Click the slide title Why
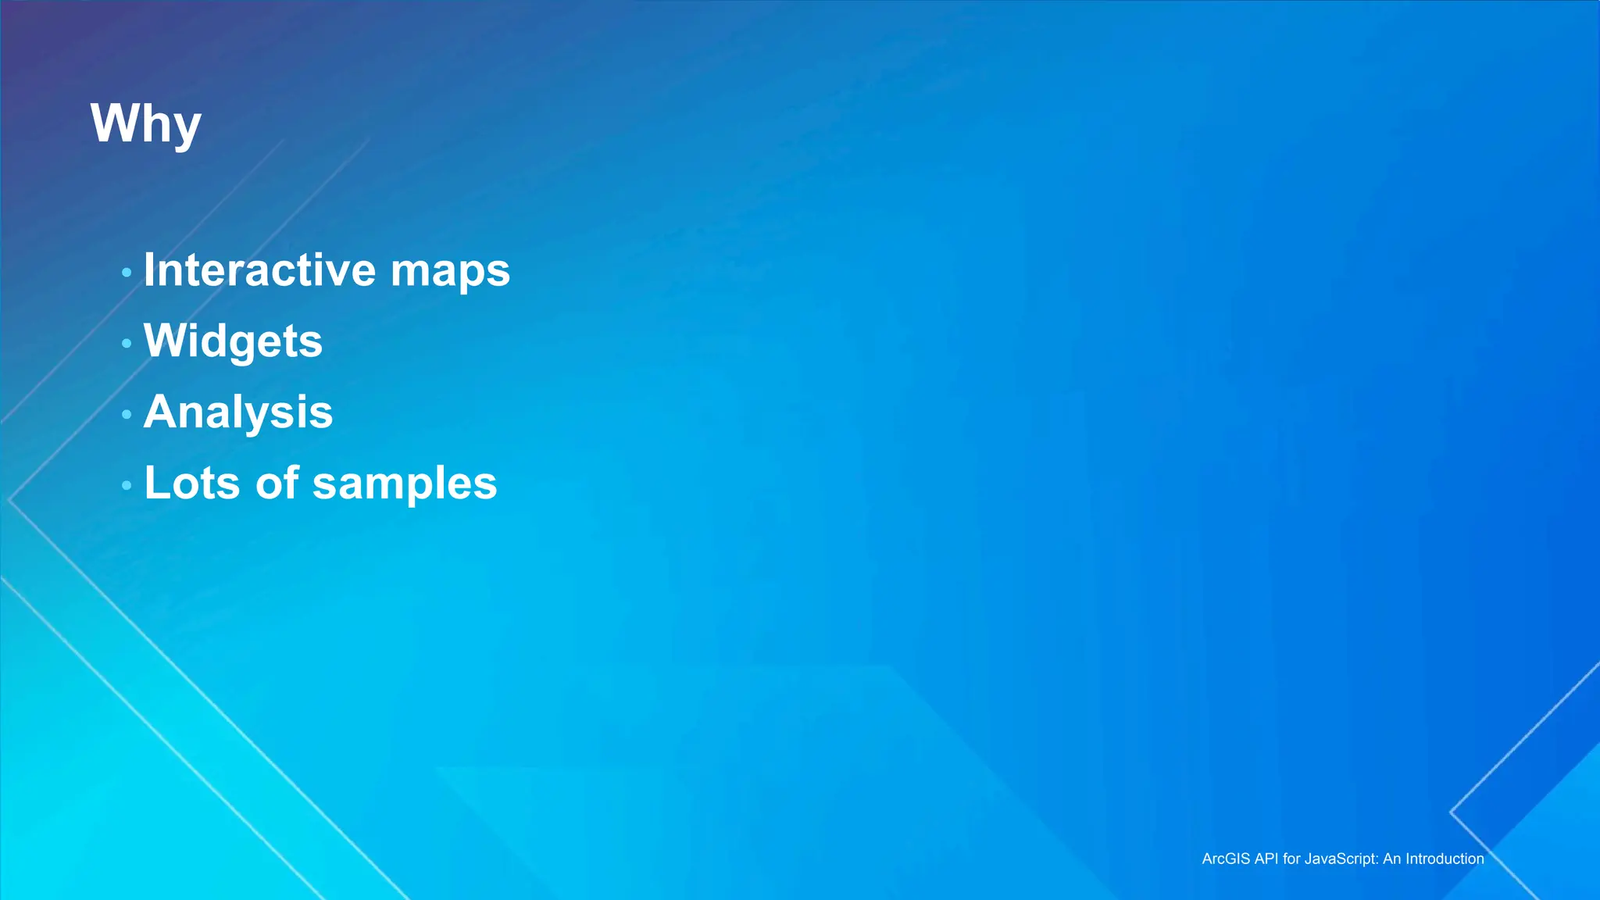click(146, 123)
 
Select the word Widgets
click(233, 341)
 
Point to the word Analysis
click(238, 412)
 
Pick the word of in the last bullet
click(277, 483)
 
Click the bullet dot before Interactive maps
click(127, 273)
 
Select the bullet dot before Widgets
click(127, 343)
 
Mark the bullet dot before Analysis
click(127, 414)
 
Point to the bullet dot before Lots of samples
click(127, 485)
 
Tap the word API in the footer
click(1266, 859)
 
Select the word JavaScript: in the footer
click(1341, 859)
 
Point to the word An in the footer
click(1392, 859)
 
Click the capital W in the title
click(114, 123)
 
